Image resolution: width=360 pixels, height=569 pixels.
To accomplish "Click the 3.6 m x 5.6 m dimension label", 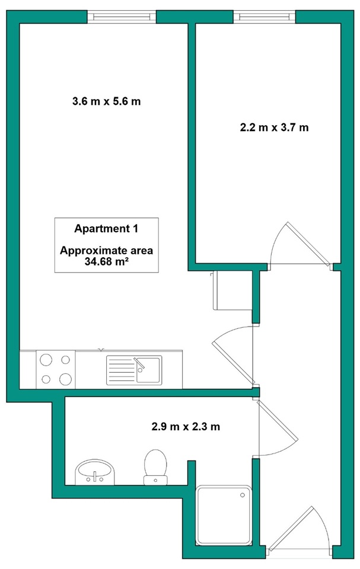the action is (x=106, y=101).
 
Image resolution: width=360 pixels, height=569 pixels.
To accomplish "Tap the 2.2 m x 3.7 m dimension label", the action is (x=274, y=128).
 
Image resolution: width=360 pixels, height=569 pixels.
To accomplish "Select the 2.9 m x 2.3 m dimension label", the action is (x=186, y=426).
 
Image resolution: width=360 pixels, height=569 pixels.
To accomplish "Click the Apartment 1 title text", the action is (x=106, y=229).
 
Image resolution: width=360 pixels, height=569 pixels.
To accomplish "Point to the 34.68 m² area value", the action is (x=106, y=261).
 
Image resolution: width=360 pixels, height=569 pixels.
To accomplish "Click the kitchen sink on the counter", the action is (x=134, y=370).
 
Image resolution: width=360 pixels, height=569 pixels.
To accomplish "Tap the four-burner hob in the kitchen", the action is (x=56, y=370).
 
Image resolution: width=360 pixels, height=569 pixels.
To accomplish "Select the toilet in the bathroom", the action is (x=155, y=467).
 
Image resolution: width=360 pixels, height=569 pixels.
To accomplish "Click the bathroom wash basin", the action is (x=95, y=472).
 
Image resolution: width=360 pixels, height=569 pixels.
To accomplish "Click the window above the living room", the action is (x=122, y=17).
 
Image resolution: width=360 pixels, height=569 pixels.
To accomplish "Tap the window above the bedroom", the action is (x=264, y=17).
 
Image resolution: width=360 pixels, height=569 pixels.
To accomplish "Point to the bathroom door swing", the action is (x=278, y=428).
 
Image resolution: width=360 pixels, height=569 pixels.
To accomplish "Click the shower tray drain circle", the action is (x=243, y=495).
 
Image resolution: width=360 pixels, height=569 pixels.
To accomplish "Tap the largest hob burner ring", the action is (x=66, y=379).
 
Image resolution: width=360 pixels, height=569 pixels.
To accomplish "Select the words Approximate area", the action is (x=106, y=250).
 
